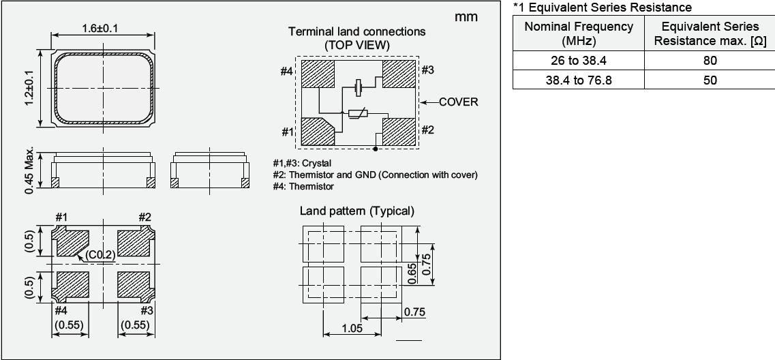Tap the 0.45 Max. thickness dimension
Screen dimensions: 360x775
coord(29,170)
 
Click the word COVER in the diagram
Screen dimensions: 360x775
coord(458,102)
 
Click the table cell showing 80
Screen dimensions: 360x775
coord(710,61)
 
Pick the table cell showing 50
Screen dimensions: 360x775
coord(710,80)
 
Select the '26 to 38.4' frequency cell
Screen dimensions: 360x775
coord(578,61)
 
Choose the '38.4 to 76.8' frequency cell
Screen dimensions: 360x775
coord(578,80)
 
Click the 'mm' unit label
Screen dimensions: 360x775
coord(466,17)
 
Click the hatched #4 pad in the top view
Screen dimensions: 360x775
coord(317,74)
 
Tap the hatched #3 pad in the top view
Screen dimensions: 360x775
coord(399,73)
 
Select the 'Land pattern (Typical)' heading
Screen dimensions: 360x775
coord(356,211)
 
